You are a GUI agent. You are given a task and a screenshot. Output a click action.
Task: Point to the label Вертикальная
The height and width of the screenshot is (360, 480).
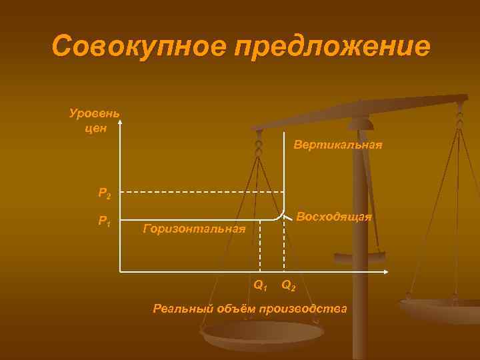[x=338, y=145]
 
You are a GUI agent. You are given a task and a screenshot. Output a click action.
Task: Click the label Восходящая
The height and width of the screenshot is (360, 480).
[x=334, y=217]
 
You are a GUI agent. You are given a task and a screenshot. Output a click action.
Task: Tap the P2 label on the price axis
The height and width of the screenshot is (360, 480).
[x=105, y=194]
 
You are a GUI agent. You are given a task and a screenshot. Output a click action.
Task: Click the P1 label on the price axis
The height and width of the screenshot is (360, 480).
[x=105, y=221]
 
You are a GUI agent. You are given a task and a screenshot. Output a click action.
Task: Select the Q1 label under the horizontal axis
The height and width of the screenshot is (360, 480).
[x=261, y=286]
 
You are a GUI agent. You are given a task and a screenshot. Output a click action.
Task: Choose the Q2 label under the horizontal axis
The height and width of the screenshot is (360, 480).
[x=289, y=286]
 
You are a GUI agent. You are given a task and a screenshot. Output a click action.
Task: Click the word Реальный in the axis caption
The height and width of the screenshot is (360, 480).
[x=183, y=308]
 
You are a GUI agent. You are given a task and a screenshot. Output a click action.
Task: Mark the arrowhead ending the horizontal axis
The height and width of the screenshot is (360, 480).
[x=389, y=271]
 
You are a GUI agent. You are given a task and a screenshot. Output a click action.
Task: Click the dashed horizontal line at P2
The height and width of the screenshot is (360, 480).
[x=200, y=192]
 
